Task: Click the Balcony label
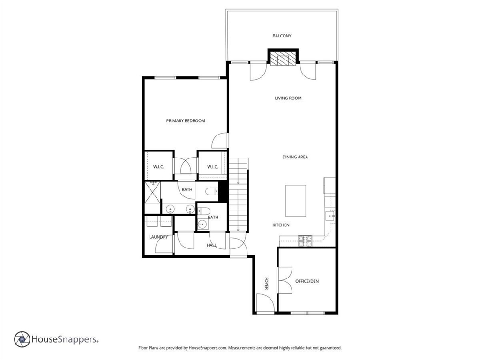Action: [282, 36]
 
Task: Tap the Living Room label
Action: [288, 98]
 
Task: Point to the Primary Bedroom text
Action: [186, 120]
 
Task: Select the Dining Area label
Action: [295, 157]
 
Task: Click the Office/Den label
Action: [307, 281]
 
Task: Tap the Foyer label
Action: [266, 284]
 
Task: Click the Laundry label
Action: [158, 237]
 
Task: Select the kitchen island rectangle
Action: [296, 201]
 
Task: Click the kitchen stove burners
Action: [305, 241]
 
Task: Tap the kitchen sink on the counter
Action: [330, 216]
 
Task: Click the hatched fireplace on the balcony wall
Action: [283, 58]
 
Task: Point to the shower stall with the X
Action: [152, 192]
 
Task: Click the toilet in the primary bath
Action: [211, 192]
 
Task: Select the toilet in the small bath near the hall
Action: [204, 211]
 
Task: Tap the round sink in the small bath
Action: [202, 225]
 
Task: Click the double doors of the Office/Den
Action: [285, 280]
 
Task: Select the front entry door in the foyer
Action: [265, 303]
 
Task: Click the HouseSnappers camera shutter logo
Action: [22, 339]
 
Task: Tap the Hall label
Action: [211, 245]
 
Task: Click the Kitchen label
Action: [281, 225]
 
